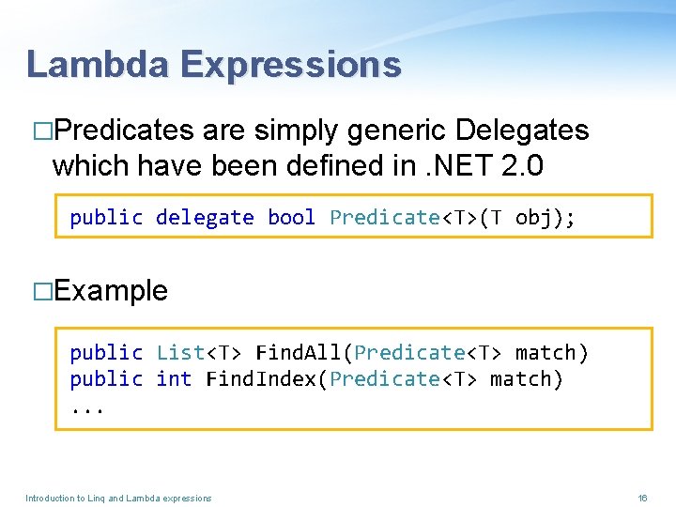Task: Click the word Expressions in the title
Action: pos(290,64)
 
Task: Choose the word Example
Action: pos(111,291)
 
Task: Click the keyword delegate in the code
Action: pos(205,218)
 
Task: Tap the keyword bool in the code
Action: pos(291,218)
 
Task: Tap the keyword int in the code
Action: pos(174,379)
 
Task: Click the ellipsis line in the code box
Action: pos(87,407)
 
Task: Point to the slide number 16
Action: pos(643,498)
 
